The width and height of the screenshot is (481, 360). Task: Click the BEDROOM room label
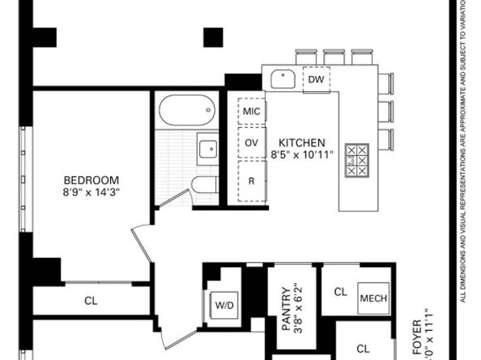(92, 180)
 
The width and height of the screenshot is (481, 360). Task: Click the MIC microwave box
(251, 112)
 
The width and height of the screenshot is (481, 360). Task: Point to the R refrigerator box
(251, 180)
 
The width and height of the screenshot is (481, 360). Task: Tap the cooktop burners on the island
(356, 160)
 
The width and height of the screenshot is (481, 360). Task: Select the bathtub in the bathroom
(187, 112)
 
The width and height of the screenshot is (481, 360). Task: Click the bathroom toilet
(203, 184)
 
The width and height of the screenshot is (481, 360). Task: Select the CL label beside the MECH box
(340, 292)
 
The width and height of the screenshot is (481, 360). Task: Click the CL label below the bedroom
(91, 301)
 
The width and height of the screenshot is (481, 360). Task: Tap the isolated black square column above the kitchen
(213, 36)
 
